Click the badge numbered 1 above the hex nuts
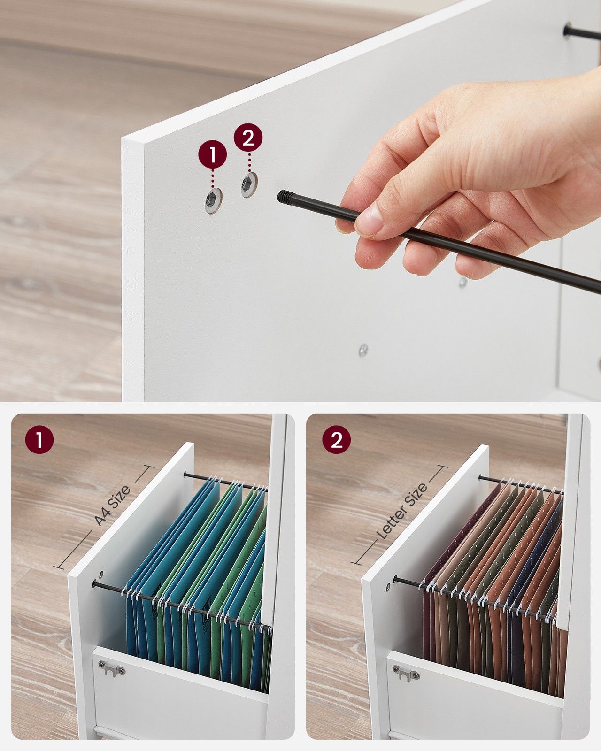click(212, 155)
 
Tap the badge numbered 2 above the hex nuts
click(248, 138)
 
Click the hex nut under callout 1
click(213, 200)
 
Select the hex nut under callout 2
click(249, 184)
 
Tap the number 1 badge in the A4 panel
click(39, 440)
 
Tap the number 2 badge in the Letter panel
click(336, 440)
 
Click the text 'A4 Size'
click(112, 506)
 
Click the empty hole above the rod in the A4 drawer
click(101, 575)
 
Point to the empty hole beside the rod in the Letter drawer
click(388, 587)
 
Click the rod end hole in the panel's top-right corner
click(567, 31)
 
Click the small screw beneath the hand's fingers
click(462, 282)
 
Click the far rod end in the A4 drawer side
click(185, 474)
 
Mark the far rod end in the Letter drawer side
click(480, 477)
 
